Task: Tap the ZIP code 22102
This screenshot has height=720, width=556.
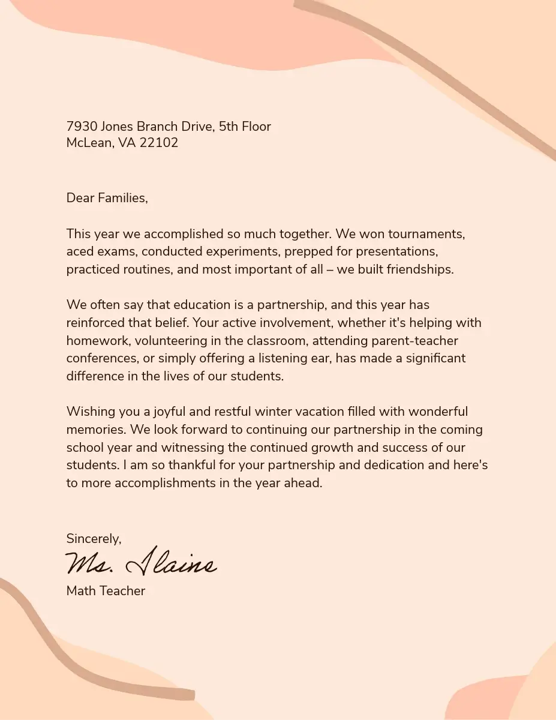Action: click(159, 143)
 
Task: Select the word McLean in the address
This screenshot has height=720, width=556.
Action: click(89, 143)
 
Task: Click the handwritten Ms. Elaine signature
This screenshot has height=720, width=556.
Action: click(141, 563)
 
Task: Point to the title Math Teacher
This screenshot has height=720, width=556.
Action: click(106, 591)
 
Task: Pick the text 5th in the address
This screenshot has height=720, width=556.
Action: click(229, 127)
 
